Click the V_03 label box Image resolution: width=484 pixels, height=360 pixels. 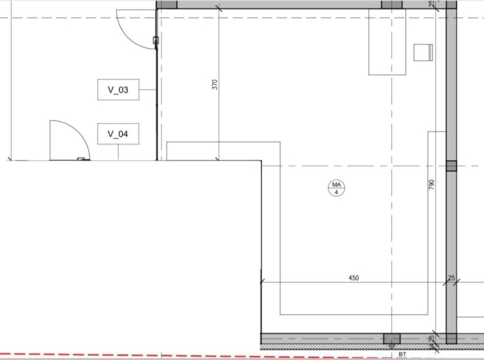(118, 89)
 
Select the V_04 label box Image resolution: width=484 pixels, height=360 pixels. (118, 134)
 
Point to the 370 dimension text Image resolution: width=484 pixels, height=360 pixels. (215, 84)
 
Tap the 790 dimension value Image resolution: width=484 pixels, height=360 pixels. (432, 184)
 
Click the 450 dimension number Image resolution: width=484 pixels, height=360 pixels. (354, 278)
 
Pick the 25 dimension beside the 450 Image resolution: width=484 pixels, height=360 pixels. (451, 278)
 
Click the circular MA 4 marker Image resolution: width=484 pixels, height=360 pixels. (337, 188)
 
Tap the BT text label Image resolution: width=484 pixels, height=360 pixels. (402, 354)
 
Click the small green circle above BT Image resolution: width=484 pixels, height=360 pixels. (391, 346)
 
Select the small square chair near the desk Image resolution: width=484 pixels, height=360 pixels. (423, 52)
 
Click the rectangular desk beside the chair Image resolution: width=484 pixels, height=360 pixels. (387, 42)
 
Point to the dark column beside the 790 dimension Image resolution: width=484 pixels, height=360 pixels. (451, 166)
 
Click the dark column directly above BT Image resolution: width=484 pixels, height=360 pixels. (391, 338)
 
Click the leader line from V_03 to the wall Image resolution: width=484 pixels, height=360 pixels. (147, 90)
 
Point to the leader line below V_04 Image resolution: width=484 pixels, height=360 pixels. (118, 152)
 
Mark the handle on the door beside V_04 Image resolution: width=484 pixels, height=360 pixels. (81, 159)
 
